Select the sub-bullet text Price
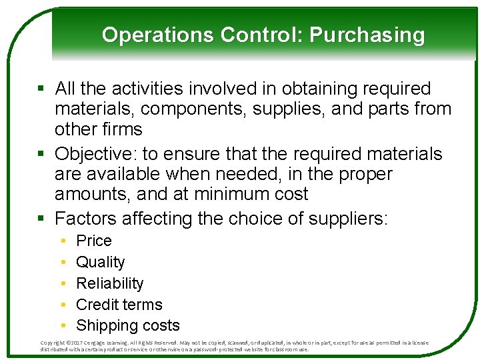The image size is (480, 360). (x=94, y=241)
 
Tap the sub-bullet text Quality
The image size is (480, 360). (x=101, y=262)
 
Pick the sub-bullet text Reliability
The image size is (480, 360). (x=110, y=283)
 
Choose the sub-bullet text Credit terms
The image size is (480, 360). (x=119, y=305)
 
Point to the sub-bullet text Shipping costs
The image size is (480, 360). (x=128, y=325)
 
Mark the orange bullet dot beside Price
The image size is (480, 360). (x=62, y=241)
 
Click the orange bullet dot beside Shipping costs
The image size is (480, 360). (x=62, y=325)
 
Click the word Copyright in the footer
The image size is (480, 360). (x=53, y=343)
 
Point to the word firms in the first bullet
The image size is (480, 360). (x=122, y=129)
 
